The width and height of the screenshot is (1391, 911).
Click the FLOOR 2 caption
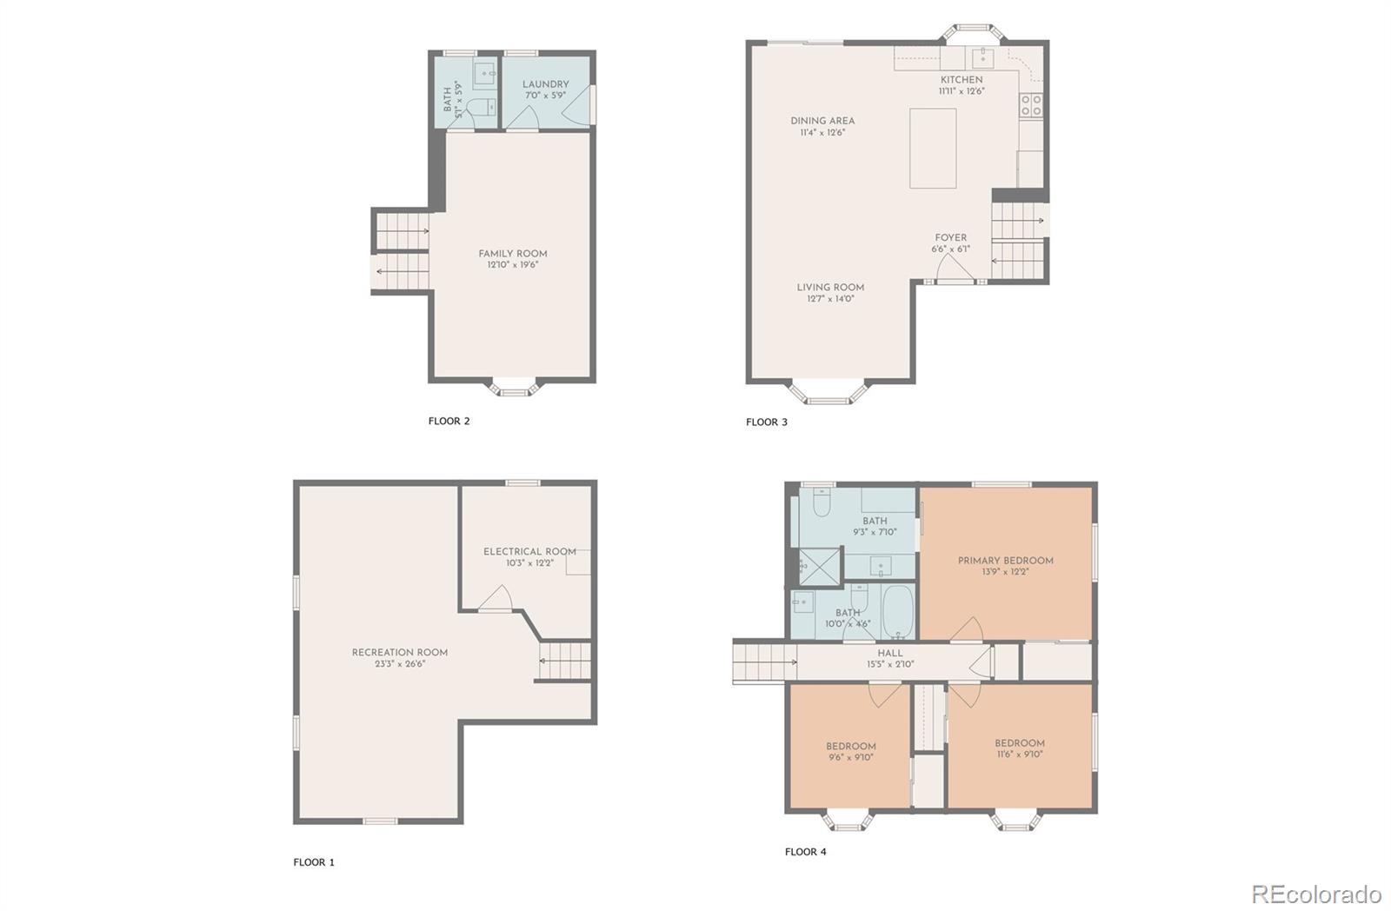click(449, 421)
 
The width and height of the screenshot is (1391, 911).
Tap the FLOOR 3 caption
click(766, 422)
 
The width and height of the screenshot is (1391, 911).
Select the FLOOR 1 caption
click(314, 862)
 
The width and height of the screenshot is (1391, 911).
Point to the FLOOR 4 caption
click(805, 851)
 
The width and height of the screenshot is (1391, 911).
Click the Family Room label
click(513, 253)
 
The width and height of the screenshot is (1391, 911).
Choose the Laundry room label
click(545, 84)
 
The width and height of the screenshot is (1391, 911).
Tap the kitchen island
click(933, 148)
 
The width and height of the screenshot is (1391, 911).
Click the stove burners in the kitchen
click(1031, 105)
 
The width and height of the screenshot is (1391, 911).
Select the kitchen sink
click(982, 58)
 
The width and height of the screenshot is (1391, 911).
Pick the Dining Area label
click(822, 121)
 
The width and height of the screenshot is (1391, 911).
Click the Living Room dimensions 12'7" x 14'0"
click(830, 299)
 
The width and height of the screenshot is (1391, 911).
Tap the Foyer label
click(951, 238)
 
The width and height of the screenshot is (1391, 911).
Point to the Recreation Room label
click(399, 653)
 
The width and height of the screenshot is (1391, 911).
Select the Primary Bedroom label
click(1005, 561)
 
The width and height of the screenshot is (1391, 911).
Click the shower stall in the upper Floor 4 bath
click(819, 567)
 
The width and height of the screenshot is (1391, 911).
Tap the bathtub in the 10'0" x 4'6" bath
click(898, 612)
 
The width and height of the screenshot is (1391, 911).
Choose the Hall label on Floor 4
click(890, 654)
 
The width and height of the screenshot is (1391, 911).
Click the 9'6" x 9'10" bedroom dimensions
click(851, 758)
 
